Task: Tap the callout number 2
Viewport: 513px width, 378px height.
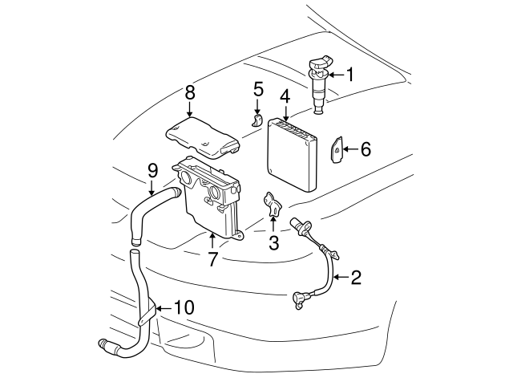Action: pyautogui.click(x=356, y=278)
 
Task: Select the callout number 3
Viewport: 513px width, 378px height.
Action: pyautogui.click(x=273, y=242)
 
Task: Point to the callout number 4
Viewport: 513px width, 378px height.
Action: pyautogui.click(x=285, y=98)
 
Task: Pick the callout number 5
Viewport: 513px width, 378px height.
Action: pyautogui.click(x=258, y=87)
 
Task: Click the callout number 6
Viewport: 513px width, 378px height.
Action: pyautogui.click(x=366, y=149)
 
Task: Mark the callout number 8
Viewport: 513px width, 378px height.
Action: pyautogui.click(x=190, y=92)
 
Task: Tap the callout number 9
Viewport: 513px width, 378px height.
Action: pyautogui.click(x=151, y=170)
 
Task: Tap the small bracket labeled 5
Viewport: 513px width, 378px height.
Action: pyautogui.click(x=257, y=121)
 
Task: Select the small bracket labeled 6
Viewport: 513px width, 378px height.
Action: pyautogui.click(x=338, y=148)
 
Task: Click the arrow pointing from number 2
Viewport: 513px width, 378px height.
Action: pyautogui.click(x=338, y=278)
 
